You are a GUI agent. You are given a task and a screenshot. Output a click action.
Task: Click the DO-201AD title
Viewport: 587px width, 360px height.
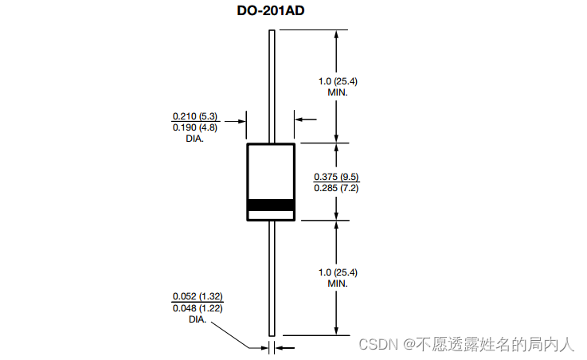(x=271, y=11)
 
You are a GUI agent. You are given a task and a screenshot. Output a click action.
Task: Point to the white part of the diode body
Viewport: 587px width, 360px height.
(x=271, y=170)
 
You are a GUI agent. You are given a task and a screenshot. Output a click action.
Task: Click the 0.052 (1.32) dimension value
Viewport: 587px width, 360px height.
(x=198, y=297)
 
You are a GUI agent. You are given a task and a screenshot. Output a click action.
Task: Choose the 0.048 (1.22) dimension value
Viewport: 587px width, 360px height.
(x=198, y=308)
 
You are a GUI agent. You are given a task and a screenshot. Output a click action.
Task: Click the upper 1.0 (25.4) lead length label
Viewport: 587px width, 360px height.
(x=339, y=81)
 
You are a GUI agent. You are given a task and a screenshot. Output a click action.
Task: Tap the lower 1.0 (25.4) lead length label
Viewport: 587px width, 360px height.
(x=339, y=273)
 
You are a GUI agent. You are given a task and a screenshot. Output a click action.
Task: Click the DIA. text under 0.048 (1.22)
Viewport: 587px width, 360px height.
(x=198, y=319)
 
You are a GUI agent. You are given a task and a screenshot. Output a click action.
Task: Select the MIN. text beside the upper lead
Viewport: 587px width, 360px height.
(x=339, y=92)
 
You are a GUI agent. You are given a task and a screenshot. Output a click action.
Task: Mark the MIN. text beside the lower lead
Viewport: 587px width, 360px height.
(x=339, y=284)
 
